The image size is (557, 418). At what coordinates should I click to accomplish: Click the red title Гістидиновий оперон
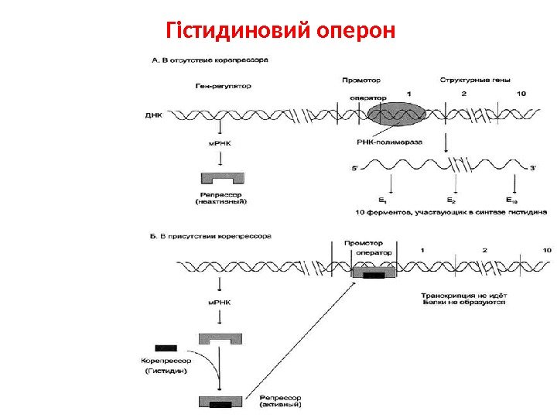(282, 31)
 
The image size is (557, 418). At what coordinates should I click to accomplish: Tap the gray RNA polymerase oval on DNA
(397, 115)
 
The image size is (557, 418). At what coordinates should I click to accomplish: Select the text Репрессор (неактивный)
(222, 198)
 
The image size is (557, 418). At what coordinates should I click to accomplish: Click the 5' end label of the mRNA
(355, 166)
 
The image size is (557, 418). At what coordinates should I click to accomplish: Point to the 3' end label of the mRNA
(533, 166)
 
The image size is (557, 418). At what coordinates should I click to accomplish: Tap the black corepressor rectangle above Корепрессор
(166, 347)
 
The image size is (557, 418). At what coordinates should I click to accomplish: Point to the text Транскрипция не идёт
(463, 295)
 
